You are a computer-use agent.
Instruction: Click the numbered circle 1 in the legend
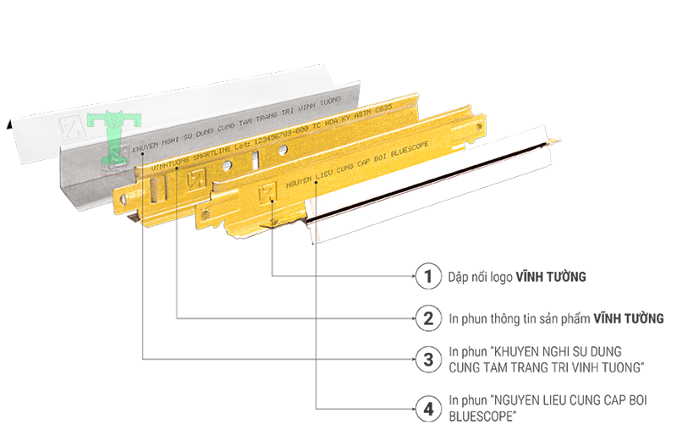(x=429, y=276)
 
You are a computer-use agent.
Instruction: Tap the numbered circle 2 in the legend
(x=429, y=318)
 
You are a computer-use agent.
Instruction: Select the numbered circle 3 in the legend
(x=429, y=359)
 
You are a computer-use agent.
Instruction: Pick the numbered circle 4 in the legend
(x=429, y=410)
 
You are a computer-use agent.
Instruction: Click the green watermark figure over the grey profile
(x=113, y=140)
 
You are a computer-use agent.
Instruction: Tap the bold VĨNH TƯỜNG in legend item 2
(x=627, y=319)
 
